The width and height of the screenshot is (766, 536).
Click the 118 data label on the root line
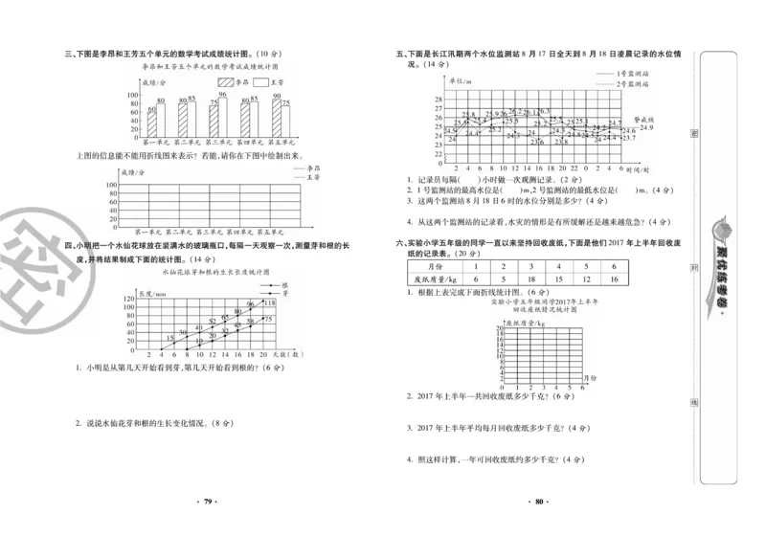pyautogui.click(x=269, y=303)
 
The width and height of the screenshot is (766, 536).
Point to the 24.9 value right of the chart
pyautogui.click(x=646, y=127)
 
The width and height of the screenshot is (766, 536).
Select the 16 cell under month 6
pyautogui.click(x=613, y=279)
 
